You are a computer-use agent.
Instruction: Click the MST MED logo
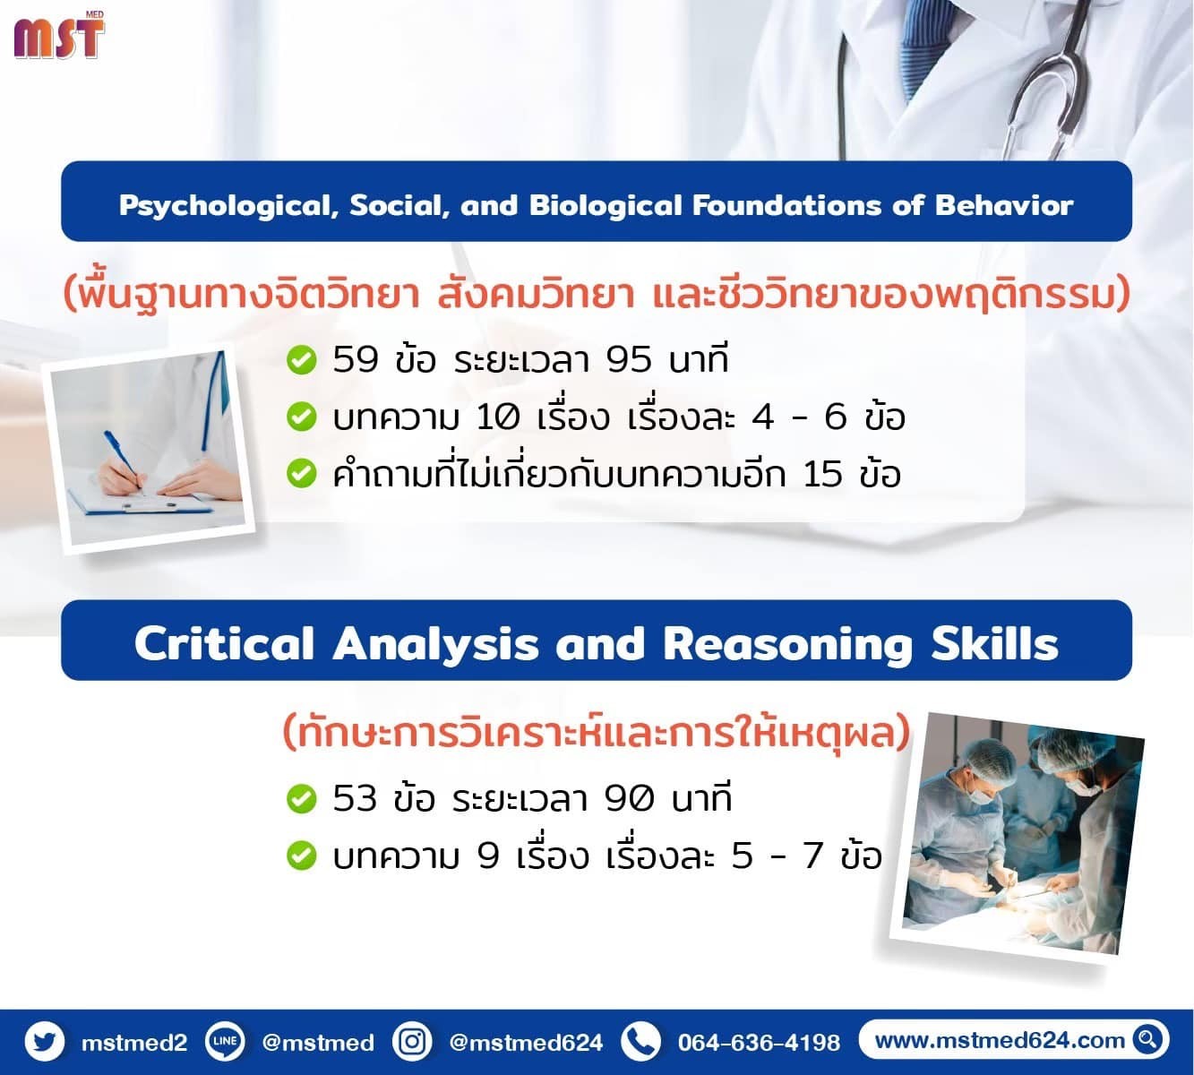click(x=59, y=35)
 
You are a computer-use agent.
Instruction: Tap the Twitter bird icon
click(x=45, y=1042)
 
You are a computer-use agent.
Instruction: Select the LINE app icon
click(x=225, y=1042)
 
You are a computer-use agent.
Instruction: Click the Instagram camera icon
click(x=411, y=1042)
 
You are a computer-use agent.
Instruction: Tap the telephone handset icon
click(x=640, y=1042)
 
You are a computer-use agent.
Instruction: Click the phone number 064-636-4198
click(x=759, y=1042)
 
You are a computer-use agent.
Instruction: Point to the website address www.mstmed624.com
click(x=1000, y=1040)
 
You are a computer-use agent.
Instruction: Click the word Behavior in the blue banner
click(x=1003, y=205)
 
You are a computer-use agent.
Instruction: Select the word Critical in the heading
click(x=224, y=644)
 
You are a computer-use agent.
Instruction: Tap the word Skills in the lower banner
click(x=994, y=644)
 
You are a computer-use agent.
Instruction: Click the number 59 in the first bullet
click(x=356, y=359)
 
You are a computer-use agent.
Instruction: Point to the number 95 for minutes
click(x=629, y=359)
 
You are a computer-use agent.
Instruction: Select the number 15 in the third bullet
click(x=822, y=475)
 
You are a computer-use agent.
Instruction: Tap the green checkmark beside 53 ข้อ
click(x=301, y=799)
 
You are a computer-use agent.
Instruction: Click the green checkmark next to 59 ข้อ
click(x=301, y=360)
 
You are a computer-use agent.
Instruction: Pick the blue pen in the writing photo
click(x=125, y=460)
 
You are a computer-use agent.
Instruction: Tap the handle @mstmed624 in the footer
click(x=526, y=1042)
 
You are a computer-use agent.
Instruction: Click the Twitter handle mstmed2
click(x=134, y=1042)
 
